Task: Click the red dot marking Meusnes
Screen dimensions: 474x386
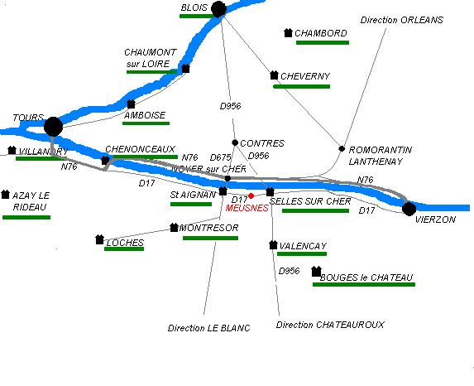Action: pyautogui.click(x=251, y=195)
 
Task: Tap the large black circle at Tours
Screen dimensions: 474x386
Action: pyautogui.click(x=54, y=127)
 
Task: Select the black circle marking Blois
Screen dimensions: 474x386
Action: pyautogui.click(x=219, y=9)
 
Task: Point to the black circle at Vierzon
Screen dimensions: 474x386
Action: pyautogui.click(x=409, y=209)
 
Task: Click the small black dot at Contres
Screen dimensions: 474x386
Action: pyautogui.click(x=235, y=142)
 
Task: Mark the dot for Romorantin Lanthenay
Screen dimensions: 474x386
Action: pyautogui.click(x=342, y=148)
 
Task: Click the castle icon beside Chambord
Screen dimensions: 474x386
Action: pyautogui.click(x=288, y=32)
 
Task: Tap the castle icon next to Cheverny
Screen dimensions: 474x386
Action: pyautogui.click(x=274, y=75)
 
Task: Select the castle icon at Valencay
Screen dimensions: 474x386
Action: pyautogui.click(x=273, y=245)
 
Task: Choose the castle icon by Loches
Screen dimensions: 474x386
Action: pyautogui.click(x=100, y=239)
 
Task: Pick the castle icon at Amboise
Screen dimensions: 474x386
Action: pyautogui.click(x=131, y=104)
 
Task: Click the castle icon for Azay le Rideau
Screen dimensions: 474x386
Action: pyautogui.click(x=6, y=195)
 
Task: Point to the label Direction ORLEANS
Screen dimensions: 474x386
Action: pyautogui.click(x=402, y=20)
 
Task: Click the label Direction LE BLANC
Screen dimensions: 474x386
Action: pyautogui.click(x=209, y=328)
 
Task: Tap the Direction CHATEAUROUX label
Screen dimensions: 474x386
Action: pyautogui.click(x=330, y=325)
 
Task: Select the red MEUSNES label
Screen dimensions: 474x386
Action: pyautogui.click(x=247, y=208)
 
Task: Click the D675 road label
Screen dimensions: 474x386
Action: pyautogui.click(x=220, y=157)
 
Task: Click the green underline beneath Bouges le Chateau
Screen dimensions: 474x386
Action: pyautogui.click(x=364, y=285)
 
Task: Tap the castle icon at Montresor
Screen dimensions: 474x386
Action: pyautogui.click(x=174, y=228)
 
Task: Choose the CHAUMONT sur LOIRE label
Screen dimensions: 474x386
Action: pyautogui.click(x=151, y=58)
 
